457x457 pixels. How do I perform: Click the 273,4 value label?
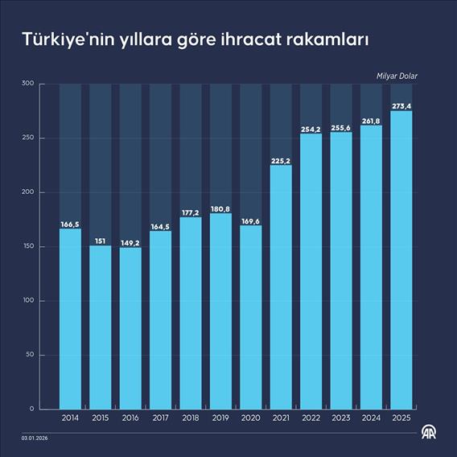[x=401, y=105]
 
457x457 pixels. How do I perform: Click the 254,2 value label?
[x=311, y=128]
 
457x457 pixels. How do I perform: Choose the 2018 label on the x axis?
[x=191, y=418]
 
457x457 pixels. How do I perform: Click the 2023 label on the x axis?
[x=341, y=418]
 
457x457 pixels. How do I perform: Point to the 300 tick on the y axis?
[x=27, y=84]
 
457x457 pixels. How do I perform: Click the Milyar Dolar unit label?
[x=397, y=76]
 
